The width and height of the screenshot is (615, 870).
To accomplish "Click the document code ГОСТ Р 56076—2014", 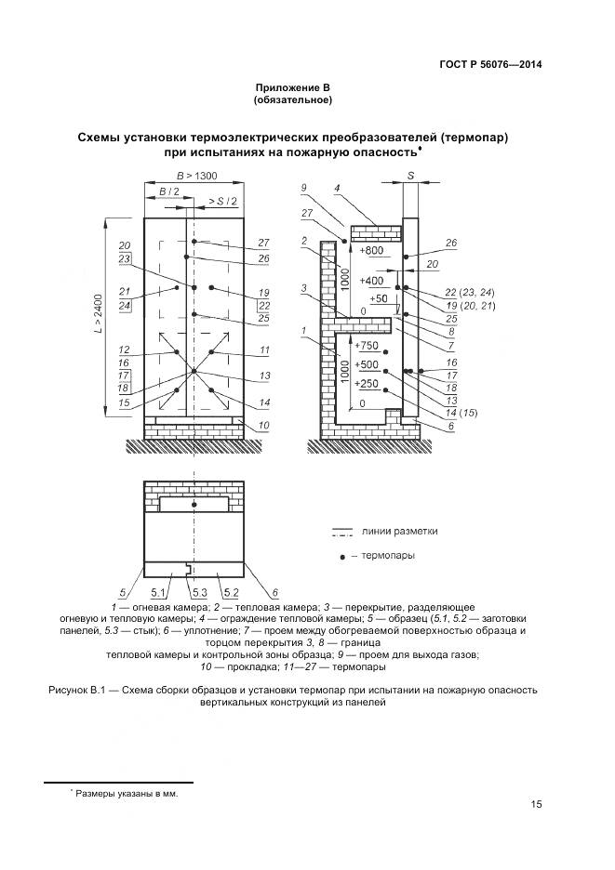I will (489, 64).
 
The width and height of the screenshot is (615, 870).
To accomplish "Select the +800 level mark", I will (369, 251).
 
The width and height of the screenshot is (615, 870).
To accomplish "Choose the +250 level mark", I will (368, 384).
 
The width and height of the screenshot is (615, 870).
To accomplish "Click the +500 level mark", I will (368, 364).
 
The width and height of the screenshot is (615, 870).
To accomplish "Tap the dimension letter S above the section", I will (410, 176).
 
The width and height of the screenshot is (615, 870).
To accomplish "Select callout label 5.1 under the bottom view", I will (157, 591).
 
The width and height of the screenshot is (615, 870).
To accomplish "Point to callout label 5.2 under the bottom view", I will (231, 591).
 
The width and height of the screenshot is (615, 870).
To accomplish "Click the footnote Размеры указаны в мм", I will (127, 794).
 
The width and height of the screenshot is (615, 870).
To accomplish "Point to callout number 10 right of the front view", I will (263, 426).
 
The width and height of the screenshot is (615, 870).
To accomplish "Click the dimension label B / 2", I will (168, 191).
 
